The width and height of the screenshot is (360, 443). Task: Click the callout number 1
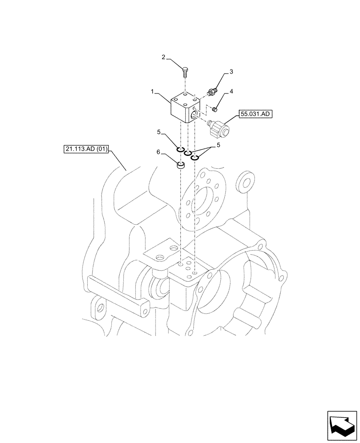(x=152, y=92)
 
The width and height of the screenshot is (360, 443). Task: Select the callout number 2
(x=163, y=57)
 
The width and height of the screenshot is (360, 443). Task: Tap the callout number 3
(x=231, y=71)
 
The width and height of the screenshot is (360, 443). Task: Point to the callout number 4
(x=231, y=92)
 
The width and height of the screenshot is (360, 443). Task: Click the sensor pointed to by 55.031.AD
(x=218, y=128)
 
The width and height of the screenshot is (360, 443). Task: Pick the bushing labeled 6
(x=180, y=167)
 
